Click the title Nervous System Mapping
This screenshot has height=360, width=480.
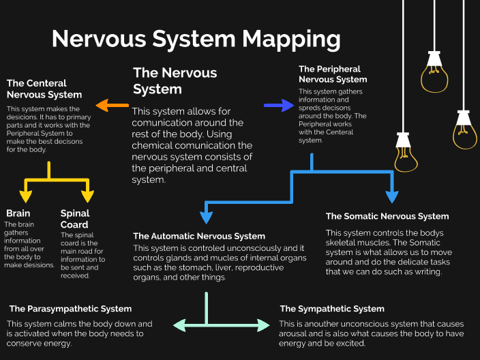[x=196, y=39]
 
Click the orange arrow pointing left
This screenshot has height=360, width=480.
[x=112, y=106]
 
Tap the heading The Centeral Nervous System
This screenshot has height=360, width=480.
[x=44, y=89]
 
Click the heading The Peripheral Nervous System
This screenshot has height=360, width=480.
[x=333, y=74]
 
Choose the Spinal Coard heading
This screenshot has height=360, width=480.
[x=75, y=219]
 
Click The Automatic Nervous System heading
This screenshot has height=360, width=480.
[x=199, y=236]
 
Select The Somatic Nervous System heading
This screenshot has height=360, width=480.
[x=387, y=216]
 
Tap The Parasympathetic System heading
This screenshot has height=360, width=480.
[x=70, y=309]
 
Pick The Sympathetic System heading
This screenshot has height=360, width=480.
[x=332, y=309]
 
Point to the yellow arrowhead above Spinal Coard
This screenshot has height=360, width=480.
[x=87, y=196]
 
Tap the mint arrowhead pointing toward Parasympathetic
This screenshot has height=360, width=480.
[x=179, y=325]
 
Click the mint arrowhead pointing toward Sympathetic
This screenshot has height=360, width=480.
[x=264, y=325]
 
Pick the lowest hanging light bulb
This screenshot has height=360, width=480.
[x=407, y=153]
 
